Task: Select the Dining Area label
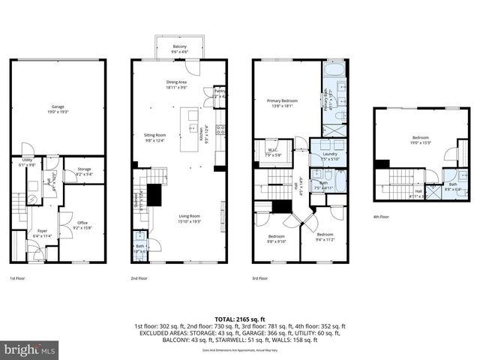click(x=176, y=84)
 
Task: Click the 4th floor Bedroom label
click(x=420, y=139)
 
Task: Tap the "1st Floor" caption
click(x=18, y=278)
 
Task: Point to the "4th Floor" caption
click(x=381, y=217)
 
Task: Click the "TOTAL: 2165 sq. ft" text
click(x=239, y=318)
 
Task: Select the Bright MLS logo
click(x=28, y=349)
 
